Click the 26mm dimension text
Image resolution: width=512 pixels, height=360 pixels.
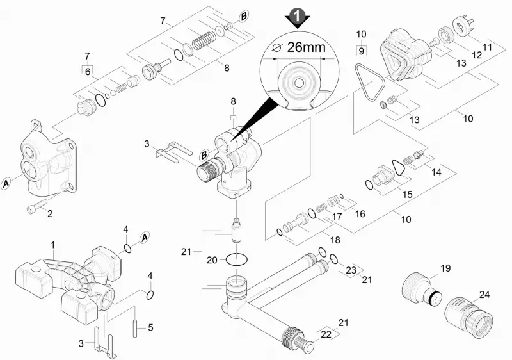(307, 47)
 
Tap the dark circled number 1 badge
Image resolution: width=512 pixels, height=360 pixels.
(297, 15)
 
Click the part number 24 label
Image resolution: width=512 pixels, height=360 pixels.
(484, 294)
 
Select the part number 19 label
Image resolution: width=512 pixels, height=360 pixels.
(445, 268)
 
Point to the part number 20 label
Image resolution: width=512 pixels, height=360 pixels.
(212, 260)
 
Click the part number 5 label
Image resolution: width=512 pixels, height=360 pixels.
(150, 327)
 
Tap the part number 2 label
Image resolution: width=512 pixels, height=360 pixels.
(50, 214)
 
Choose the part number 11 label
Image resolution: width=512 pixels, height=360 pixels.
(487, 47)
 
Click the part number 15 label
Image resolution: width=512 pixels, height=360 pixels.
(407, 194)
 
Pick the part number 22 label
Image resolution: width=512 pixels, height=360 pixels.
(326, 334)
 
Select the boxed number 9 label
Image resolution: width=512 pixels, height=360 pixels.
(361, 51)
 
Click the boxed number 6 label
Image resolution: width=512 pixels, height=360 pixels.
(88, 72)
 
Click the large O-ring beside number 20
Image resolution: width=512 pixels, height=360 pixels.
(237, 259)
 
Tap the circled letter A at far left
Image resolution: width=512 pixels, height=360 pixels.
(6, 184)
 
